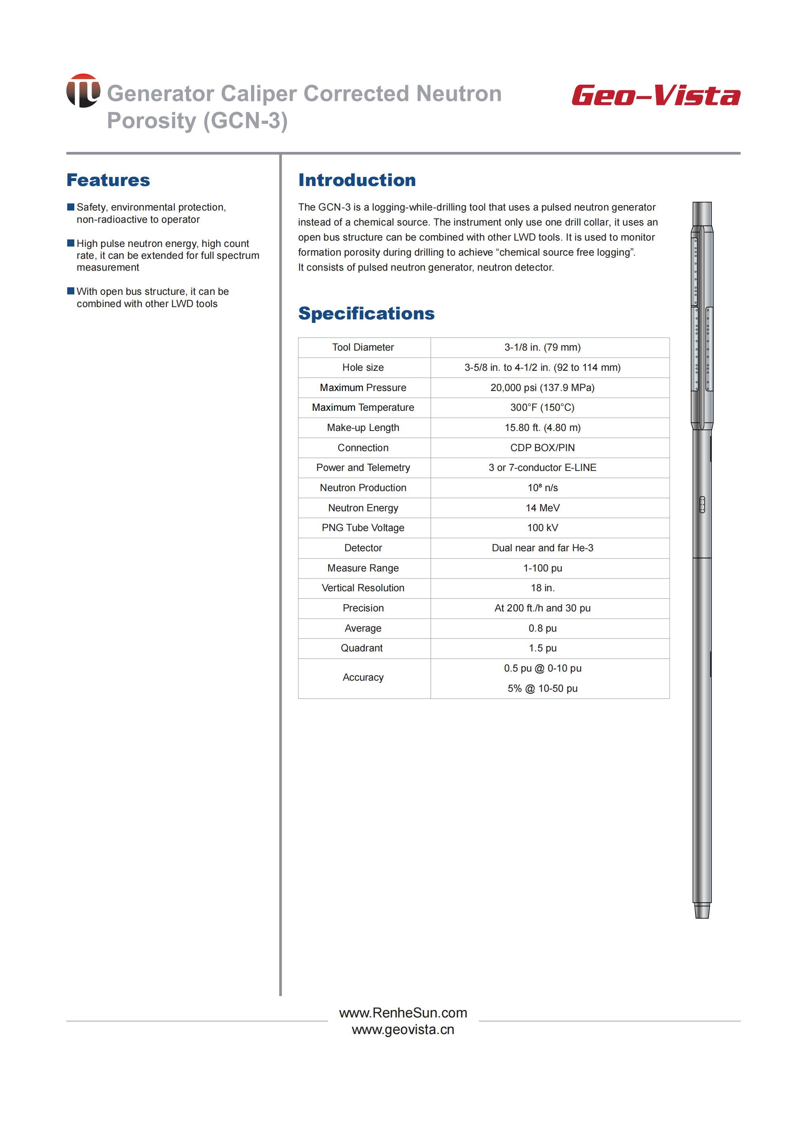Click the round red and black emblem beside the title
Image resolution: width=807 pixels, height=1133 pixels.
tap(83, 91)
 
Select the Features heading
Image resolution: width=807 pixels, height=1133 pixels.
tap(108, 180)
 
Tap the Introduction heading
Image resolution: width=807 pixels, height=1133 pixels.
tap(357, 180)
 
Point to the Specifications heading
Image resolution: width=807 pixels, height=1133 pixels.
tap(366, 313)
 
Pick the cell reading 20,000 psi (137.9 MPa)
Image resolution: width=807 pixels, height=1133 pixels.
tap(542, 387)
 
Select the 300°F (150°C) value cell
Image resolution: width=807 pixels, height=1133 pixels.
tap(542, 407)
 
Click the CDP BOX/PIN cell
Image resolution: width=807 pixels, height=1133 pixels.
tap(542, 448)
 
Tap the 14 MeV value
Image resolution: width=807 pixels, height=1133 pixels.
tap(542, 508)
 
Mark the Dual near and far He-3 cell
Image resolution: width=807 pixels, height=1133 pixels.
tap(542, 548)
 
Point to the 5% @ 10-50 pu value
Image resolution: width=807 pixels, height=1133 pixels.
tap(542, 688)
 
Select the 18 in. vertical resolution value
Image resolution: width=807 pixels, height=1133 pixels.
tap(542, 588)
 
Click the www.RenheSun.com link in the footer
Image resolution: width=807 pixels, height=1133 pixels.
tap(403, 1013)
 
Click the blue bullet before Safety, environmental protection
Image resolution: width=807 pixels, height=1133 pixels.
tap(70, 207)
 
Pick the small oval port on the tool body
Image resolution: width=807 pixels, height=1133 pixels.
tap(702, 504)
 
